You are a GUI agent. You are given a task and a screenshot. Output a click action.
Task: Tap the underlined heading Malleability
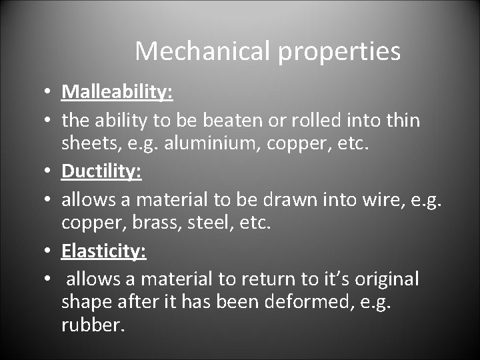pos(117,92)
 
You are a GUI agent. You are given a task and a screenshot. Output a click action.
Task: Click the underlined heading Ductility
pos(101,172)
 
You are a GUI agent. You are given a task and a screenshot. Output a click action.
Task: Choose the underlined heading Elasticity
pos(104,252)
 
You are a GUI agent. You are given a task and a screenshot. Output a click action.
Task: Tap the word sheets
pos(86,143)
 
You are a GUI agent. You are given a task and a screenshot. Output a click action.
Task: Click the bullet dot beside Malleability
pos(51,93)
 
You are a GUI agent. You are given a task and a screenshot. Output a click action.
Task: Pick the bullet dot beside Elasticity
pos(51,253)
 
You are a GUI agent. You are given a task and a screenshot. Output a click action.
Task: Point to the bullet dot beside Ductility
pos(51,173)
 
